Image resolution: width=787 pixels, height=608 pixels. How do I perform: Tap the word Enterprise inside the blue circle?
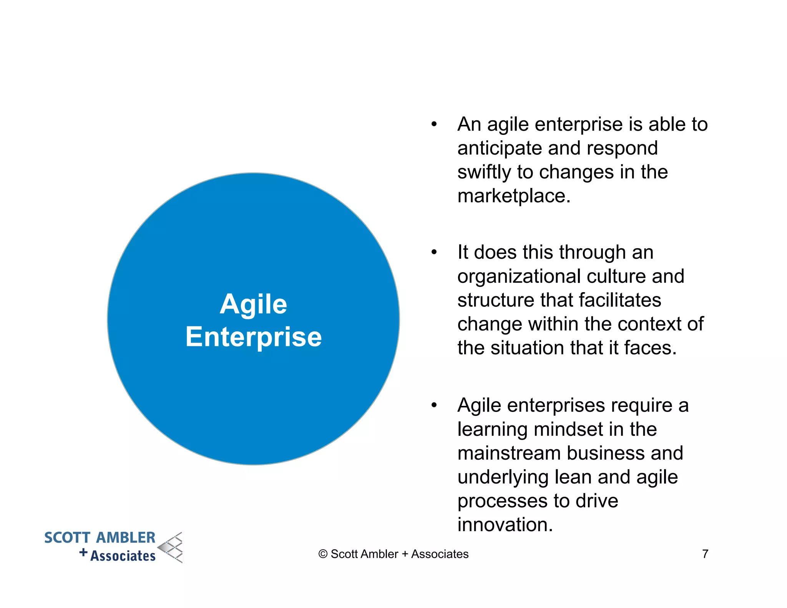(253, 337)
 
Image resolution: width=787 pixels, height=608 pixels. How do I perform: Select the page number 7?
(705, 554)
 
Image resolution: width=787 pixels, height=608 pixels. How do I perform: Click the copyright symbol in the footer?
(323, 554)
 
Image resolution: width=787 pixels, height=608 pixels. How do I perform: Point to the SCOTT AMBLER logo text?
(100, 538)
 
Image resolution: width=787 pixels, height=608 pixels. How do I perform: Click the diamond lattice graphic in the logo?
(171, 548)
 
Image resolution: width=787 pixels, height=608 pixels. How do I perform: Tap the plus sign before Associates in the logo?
(83, 553)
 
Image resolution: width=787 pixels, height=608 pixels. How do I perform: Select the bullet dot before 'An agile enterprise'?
(434, 125)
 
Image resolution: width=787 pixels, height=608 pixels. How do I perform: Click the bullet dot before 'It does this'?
(434, 253)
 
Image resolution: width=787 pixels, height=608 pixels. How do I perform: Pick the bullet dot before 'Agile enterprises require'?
(434, 405)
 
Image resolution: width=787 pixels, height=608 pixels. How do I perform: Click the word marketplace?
(513, 196)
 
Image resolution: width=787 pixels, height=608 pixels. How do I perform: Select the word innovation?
(505, 525)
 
